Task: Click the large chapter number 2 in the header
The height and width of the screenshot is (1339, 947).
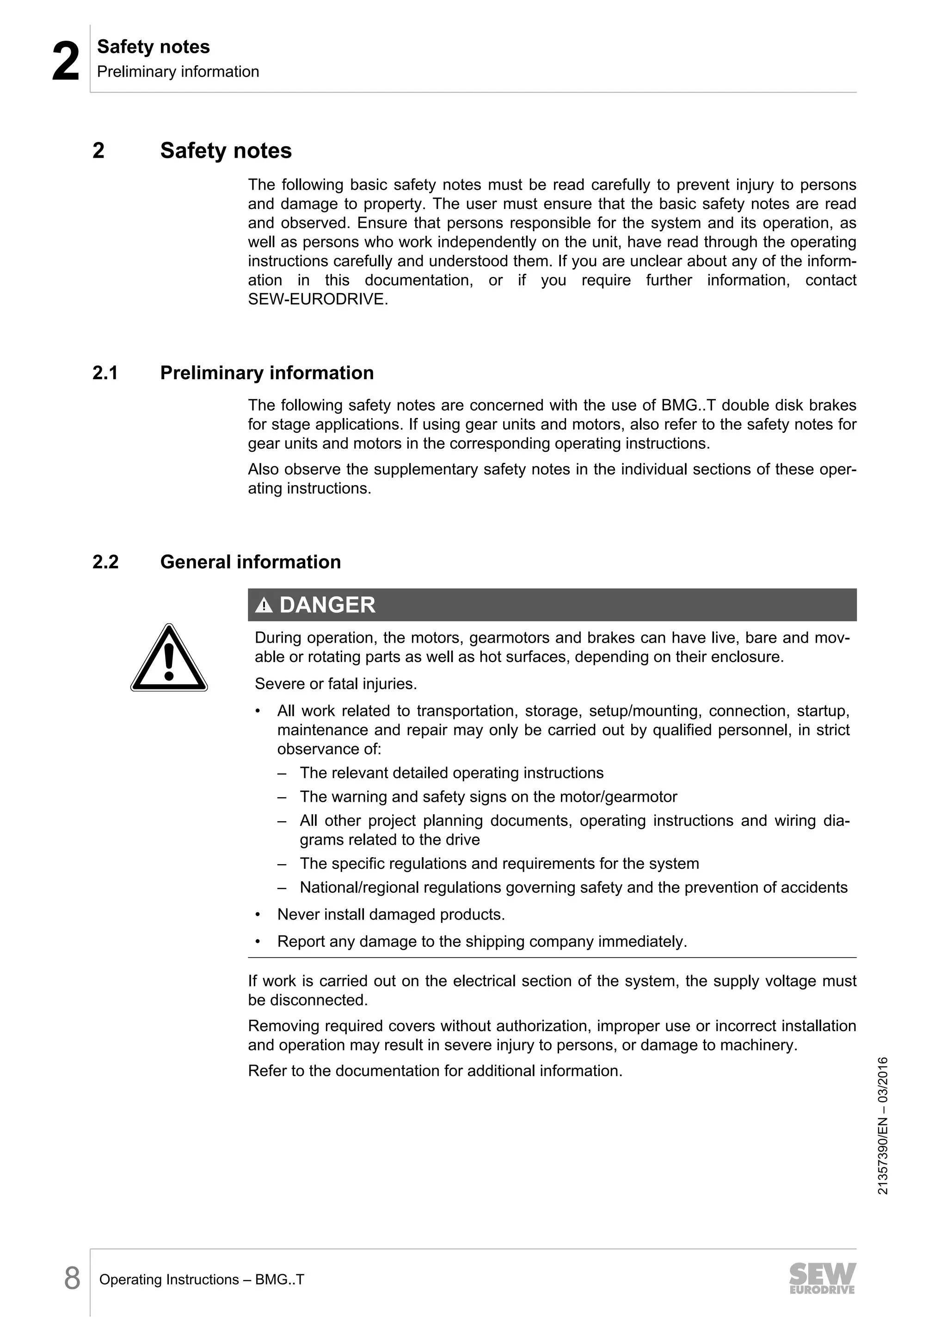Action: coord(65,62)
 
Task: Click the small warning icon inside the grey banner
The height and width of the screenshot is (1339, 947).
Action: coord(264,606)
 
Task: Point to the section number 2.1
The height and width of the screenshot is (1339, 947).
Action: coord(105,373)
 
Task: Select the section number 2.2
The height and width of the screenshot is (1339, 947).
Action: coord(105,562)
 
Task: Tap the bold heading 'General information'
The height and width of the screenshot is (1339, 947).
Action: coord(250,562)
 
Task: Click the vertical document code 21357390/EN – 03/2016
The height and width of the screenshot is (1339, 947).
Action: coord(882,1125)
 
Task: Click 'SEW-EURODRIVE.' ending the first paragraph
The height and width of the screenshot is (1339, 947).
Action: coord(318,300)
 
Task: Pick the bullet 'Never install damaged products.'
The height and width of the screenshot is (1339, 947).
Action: coord(391,915)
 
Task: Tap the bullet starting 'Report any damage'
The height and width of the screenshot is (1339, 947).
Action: coord(482,941)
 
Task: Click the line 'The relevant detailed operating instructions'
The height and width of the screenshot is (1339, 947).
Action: coord(451,774)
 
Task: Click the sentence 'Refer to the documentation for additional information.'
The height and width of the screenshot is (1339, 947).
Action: coord(435,1071)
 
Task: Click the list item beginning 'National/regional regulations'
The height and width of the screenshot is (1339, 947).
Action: coord(573,888)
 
